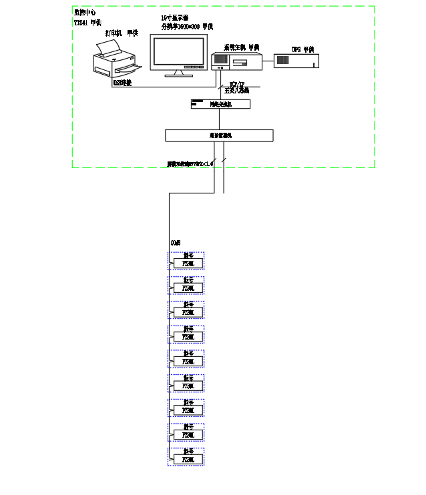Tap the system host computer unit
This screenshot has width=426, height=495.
tap(236, 61)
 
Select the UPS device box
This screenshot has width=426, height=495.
tap(296, 61)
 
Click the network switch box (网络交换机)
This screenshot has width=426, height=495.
tap(220, 104)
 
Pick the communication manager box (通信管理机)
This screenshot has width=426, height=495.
tap(219, 135)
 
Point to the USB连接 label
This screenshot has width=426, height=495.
tap(123, 83)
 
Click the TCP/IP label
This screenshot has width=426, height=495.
tap(237, 84)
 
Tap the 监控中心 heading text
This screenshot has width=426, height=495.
tap(85, 13)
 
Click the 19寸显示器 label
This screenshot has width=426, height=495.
tap(175, 18)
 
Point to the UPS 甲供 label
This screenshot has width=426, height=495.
tap(302, 49)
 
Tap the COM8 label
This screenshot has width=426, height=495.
tap(175, 243)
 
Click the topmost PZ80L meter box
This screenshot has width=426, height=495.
tap(188, 264)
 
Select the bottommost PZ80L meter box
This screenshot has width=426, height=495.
tap(188, 460)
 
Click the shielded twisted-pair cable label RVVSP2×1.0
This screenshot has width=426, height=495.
tap(190, 163)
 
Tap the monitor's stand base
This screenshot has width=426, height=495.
tap(178, 74)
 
